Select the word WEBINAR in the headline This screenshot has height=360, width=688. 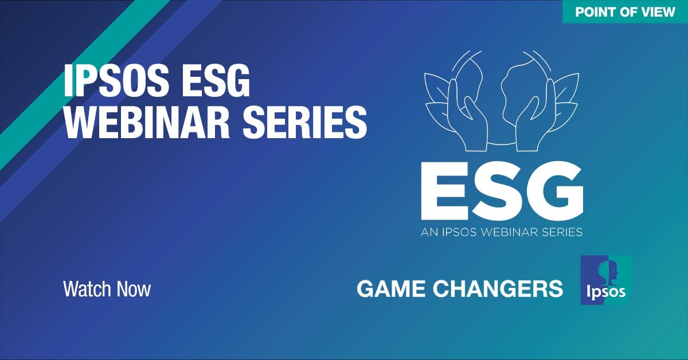pos(147,122)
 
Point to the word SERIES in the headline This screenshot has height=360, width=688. pos(305,122)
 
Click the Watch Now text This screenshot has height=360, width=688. pos(107,289)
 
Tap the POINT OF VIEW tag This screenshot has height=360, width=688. pos(625,11)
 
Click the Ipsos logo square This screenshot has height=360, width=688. pos(607,280)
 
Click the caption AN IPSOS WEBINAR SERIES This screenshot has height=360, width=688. pos(502,232)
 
